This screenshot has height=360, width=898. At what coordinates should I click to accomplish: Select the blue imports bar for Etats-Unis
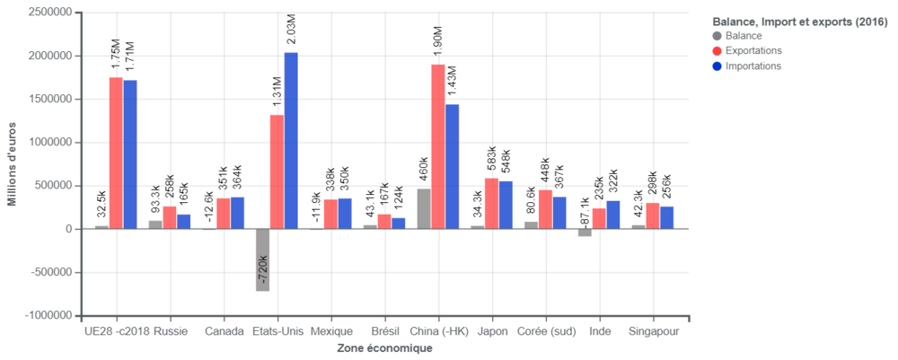pos(291,139)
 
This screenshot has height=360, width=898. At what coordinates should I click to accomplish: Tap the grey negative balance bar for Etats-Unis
pos(262,260)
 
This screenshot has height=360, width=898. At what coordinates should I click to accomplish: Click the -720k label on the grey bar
pos(263,270)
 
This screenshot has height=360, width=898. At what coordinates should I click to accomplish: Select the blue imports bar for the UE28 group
pos(130,154)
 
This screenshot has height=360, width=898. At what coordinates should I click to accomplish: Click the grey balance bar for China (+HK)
pos(423,208)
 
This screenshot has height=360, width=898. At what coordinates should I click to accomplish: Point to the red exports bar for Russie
pos(170,216)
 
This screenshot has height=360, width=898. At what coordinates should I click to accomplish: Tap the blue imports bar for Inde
pos(612,214)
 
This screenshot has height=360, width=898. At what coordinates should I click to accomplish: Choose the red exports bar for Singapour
pos(653,215)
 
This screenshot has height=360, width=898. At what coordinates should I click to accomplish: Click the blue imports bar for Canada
pos(238,212)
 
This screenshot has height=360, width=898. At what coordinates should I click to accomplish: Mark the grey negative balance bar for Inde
pos(585,233)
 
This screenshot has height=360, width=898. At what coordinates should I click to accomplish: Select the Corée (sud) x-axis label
pos(546,331)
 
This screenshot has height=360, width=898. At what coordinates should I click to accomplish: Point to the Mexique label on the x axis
pos(331,331)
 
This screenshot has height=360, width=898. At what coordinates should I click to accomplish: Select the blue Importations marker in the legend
pos(717,66)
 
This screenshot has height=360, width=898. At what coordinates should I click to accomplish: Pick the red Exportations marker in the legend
pos(717,50)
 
